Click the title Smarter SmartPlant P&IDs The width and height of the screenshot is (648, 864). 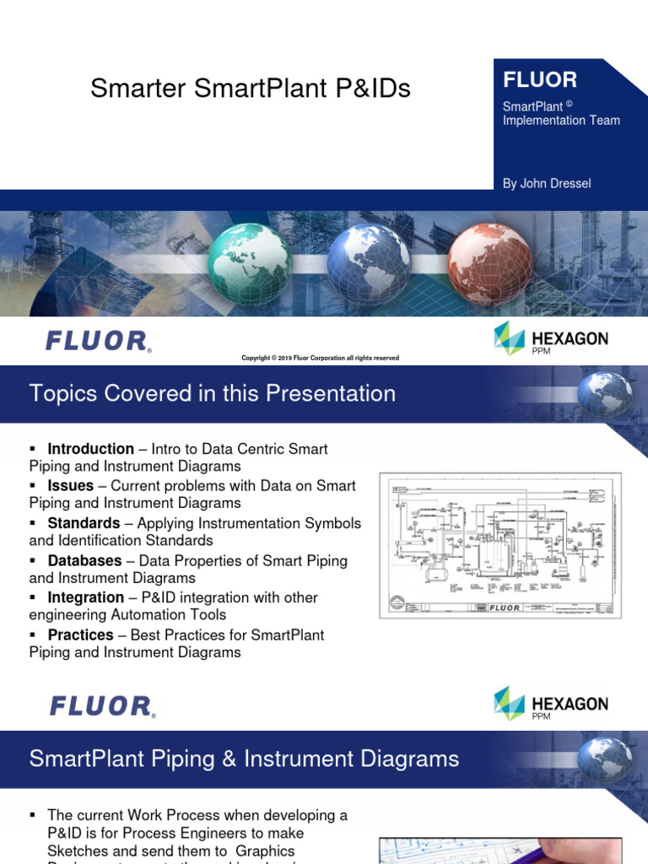pos(251,89)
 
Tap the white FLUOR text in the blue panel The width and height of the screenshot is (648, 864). pos(540,80)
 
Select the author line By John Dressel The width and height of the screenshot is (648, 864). pos(547,184)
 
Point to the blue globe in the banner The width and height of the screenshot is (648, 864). pos(369,264)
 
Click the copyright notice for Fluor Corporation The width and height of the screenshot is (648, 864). pos(320,358)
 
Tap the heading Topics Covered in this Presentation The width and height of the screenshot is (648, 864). pos(212,393)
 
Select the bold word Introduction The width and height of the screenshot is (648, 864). pos(90,449)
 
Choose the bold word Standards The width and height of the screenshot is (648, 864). pos(84,523)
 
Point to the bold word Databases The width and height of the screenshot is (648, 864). pos(84,560)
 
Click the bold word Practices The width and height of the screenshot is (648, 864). pos(80,634)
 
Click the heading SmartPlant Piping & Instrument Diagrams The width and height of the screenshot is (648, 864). pos(244,759)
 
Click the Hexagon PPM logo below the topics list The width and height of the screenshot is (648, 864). pos(550,704)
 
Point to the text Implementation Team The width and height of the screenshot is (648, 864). pos(561,120)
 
